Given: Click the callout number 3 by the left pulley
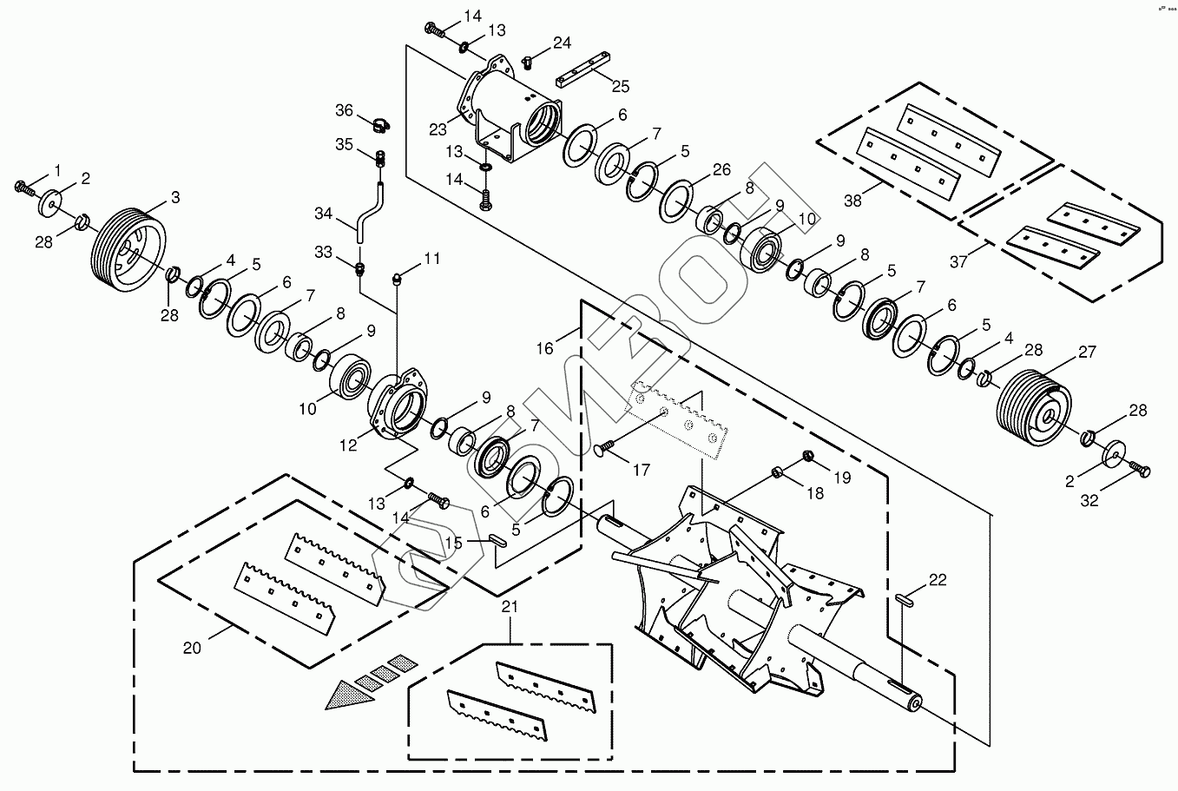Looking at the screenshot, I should point(175,198).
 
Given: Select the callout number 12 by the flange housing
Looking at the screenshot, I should point(349,445).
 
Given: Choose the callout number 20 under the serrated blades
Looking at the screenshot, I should point(192,648).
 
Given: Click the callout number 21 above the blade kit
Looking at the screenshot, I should point(510,607).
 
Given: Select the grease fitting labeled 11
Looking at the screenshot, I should point(400,278).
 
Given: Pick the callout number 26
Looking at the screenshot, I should point(722,169).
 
